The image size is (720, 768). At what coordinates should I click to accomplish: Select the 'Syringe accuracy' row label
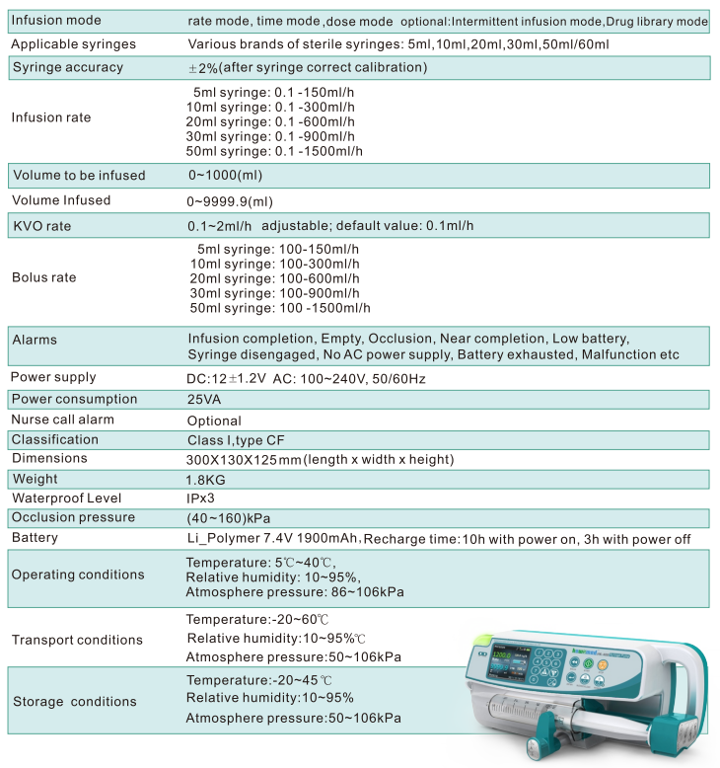point(67,67)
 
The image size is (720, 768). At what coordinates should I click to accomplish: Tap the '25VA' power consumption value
point(206,400)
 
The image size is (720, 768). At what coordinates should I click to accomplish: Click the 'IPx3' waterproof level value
point(201,499)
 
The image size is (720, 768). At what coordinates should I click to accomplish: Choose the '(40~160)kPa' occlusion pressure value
point(228,518)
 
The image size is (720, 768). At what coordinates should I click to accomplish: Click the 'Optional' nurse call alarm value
point(214,420)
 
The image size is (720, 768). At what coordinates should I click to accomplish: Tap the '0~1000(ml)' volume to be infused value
point(226,175)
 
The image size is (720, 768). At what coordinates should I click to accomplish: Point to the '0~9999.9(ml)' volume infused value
point(231,200)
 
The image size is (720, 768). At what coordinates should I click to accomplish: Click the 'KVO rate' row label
point(41,226)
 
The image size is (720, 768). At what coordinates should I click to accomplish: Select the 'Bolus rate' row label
point(43,277)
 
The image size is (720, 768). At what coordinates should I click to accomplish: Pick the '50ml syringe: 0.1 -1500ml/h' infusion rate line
point(274,151)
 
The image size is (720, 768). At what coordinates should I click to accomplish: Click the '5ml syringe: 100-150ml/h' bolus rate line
point(278,250)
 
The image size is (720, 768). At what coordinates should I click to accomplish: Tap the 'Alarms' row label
point(35,340)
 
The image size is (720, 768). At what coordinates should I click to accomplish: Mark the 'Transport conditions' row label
point(77,640)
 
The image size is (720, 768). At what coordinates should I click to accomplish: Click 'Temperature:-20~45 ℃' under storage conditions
point(258,680)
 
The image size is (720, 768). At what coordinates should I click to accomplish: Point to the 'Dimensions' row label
point(49,458)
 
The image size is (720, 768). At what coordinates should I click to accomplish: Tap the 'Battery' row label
point(35,537)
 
